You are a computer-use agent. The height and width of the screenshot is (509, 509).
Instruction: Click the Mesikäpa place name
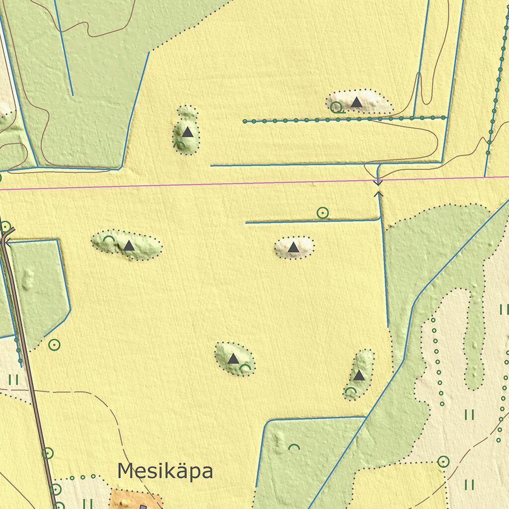[165, 471]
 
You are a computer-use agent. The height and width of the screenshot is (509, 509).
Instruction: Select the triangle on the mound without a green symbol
[294, 247]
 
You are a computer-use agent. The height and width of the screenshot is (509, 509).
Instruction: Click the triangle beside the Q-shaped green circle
[356, 102]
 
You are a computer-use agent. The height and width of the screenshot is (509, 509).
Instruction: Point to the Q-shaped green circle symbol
[337, 107]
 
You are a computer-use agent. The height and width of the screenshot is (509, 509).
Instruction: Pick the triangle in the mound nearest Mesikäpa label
[233, 358]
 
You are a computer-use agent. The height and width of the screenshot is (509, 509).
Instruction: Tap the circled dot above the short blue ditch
[323, 213]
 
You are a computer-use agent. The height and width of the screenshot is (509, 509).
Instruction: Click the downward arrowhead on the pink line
[378, 183]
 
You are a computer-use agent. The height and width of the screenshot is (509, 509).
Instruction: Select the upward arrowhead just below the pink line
[378, 193]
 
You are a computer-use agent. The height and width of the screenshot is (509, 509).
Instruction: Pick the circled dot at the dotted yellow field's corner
[443, 462]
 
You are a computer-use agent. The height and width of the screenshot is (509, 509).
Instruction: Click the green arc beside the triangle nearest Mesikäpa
[245, 368]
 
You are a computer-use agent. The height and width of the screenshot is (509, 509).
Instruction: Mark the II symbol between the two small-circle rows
[469, 415]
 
